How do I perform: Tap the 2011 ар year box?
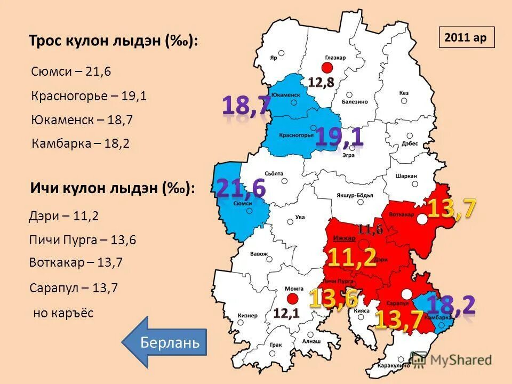[467, 38]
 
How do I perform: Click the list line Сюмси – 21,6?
[71, 71]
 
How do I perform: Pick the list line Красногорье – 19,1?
[89, 96]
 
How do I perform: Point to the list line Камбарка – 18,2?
[81, 143]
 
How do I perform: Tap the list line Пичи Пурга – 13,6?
[82, 240]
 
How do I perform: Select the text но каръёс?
[63, 313]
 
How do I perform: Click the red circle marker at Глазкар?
[327, 68]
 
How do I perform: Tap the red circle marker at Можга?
[292, 298]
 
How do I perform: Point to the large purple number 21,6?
[241, 189]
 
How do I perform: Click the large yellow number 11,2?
[352, 257]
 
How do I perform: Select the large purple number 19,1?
[339, 137]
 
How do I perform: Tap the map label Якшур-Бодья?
[355, 195]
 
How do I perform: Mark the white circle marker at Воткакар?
[421, 219]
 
